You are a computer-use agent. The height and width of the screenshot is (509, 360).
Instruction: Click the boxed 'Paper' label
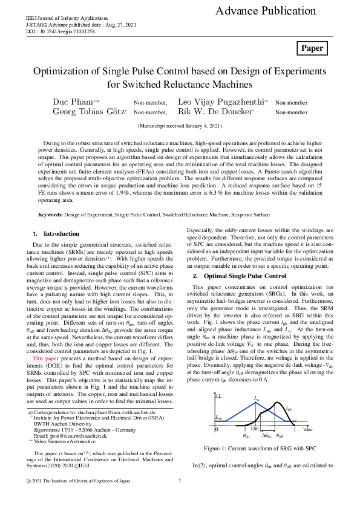[x=312, y=48]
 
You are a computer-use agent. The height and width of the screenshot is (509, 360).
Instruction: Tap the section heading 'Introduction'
[x=61, y=233]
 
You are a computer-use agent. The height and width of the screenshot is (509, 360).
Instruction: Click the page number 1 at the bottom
[x=180, y=498]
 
